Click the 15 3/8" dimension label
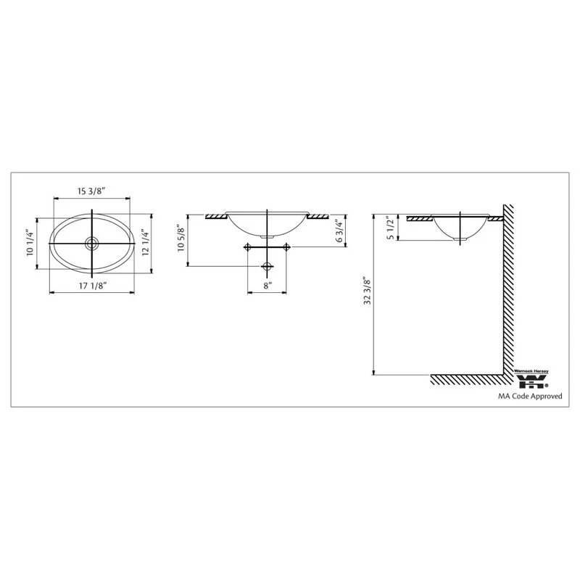tap(92, 191)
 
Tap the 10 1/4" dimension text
tap(30, 242)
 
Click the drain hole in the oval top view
tap(92, 242)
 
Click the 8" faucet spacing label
tap(268, 286)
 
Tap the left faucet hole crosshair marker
tap(248, 248)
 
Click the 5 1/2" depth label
tap(389, 229)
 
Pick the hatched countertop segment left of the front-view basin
tap(216, 216)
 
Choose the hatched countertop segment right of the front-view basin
tap(318, 216)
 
